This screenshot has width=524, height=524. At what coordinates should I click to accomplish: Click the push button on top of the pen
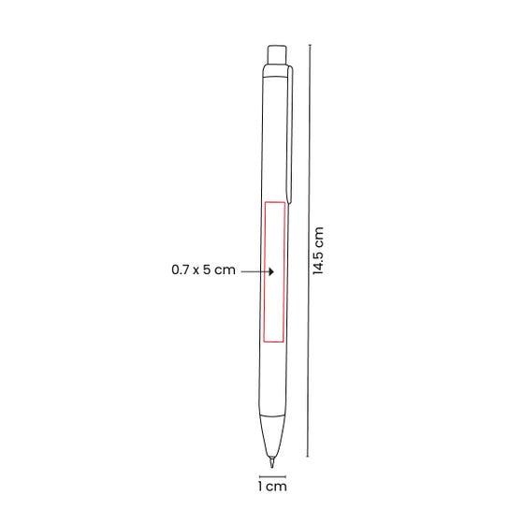pyautogui.click(x=277, y=54)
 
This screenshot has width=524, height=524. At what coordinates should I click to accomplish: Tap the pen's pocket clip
pyautogui.click(x=290, y=135)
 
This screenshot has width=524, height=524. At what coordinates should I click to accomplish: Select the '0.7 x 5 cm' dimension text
pyautogui.click(x=203, y=269)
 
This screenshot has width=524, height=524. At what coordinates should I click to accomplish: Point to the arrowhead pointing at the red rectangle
pyautogui.click(x=271, y=271)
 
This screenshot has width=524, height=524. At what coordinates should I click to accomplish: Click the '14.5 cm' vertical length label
pyautogui.click(x=318, y=251)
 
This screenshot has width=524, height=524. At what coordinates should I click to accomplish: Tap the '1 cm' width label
pyautogui.click(x=272, y=487)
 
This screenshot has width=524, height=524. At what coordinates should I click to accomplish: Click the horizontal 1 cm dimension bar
pyautogui.click(x=272, y=476)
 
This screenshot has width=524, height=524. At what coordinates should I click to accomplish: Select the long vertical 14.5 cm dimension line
pyautogui.click(x=309, y=251)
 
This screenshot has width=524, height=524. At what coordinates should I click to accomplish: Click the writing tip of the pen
pyautogui.click(x=272, y=462)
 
